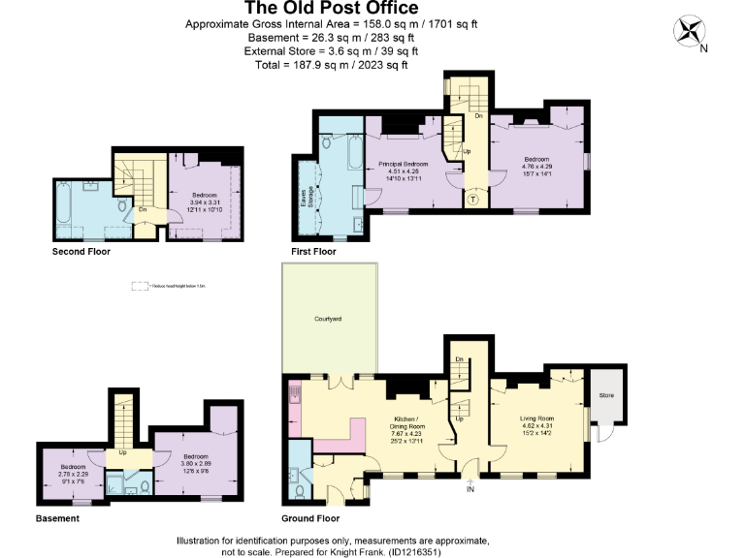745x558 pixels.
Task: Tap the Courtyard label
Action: point(327,319)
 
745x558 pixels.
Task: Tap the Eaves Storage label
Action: point(303,197)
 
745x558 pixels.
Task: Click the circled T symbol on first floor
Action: point(472,199)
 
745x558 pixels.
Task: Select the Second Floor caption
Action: point(81,251)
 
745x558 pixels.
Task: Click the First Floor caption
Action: point(313,251)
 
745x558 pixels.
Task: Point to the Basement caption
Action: point(57,518)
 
